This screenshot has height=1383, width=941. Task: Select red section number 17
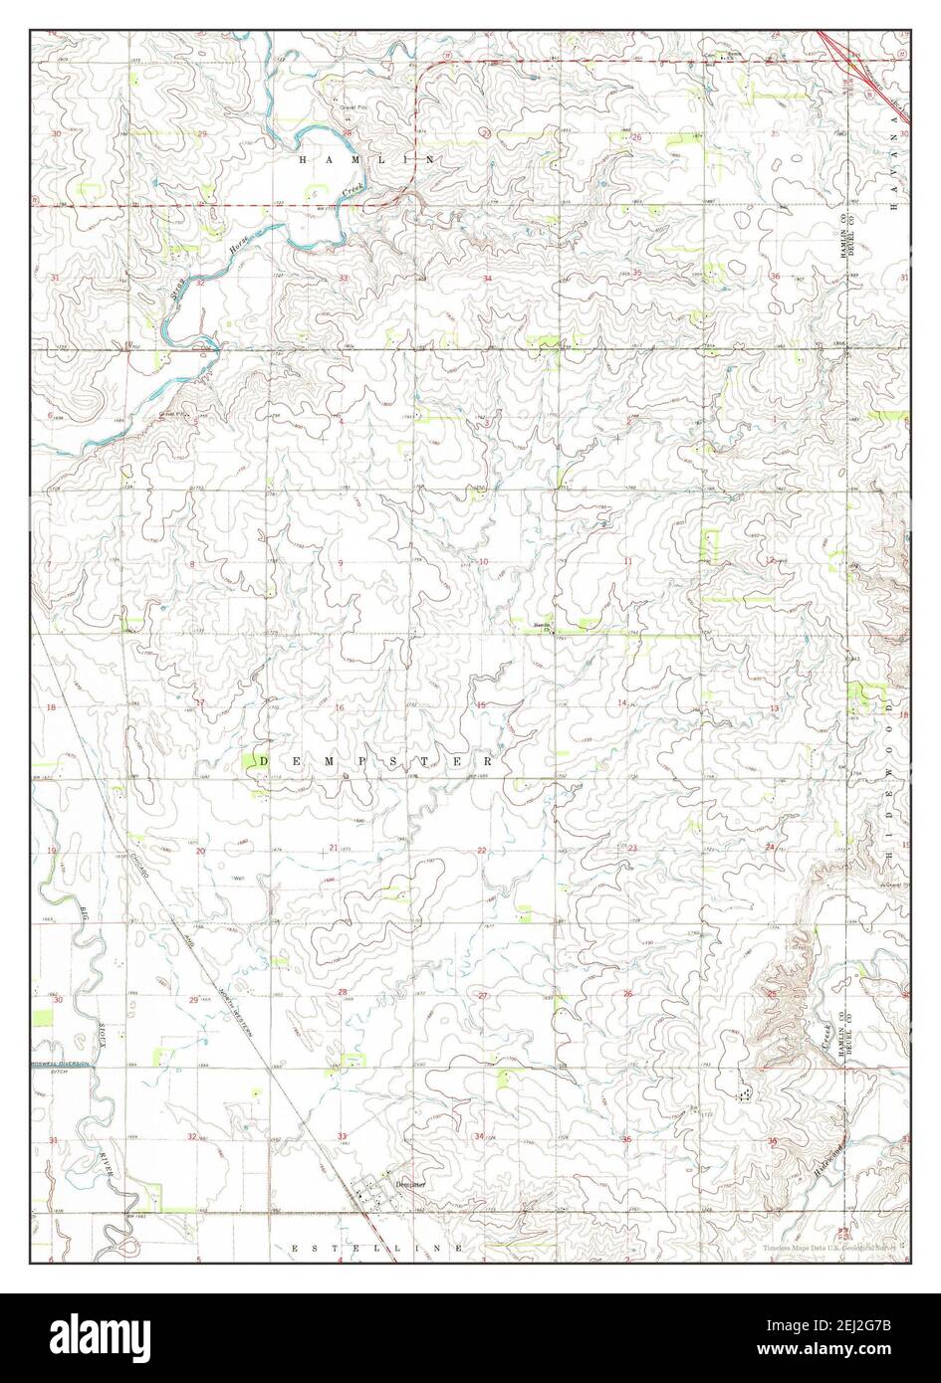pos(199,703)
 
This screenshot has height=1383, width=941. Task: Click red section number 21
pos(335,848)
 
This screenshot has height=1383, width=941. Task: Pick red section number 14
pos(622,703)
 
